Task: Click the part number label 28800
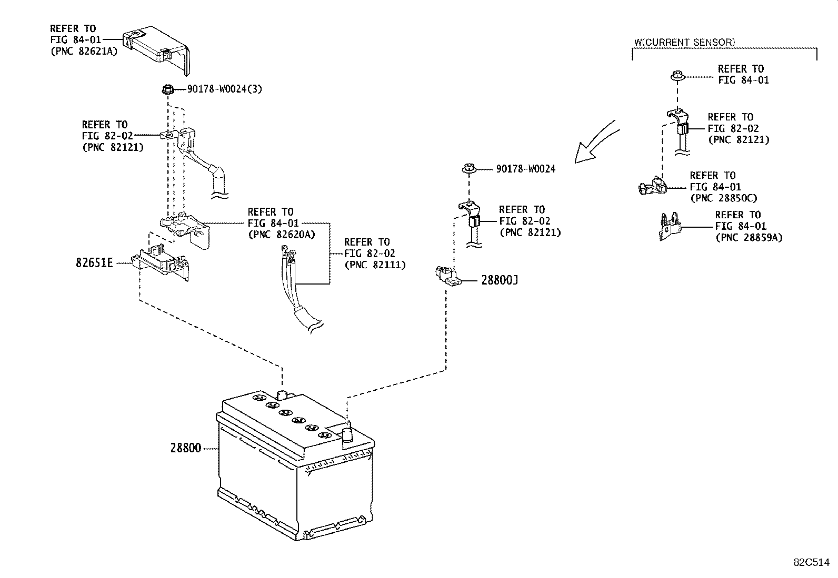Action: pos(185,449)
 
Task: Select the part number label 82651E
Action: pos(94,262)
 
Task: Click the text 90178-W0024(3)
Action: pos(224,89)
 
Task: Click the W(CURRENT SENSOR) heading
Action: pos(684,42)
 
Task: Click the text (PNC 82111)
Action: pos(375,265)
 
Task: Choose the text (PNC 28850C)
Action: pos(723,198)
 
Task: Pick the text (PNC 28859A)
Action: pos(749,238)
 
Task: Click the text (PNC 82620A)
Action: pos(281,235)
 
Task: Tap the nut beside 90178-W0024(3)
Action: pos(166,89)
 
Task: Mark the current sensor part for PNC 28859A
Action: pos(670,226)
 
